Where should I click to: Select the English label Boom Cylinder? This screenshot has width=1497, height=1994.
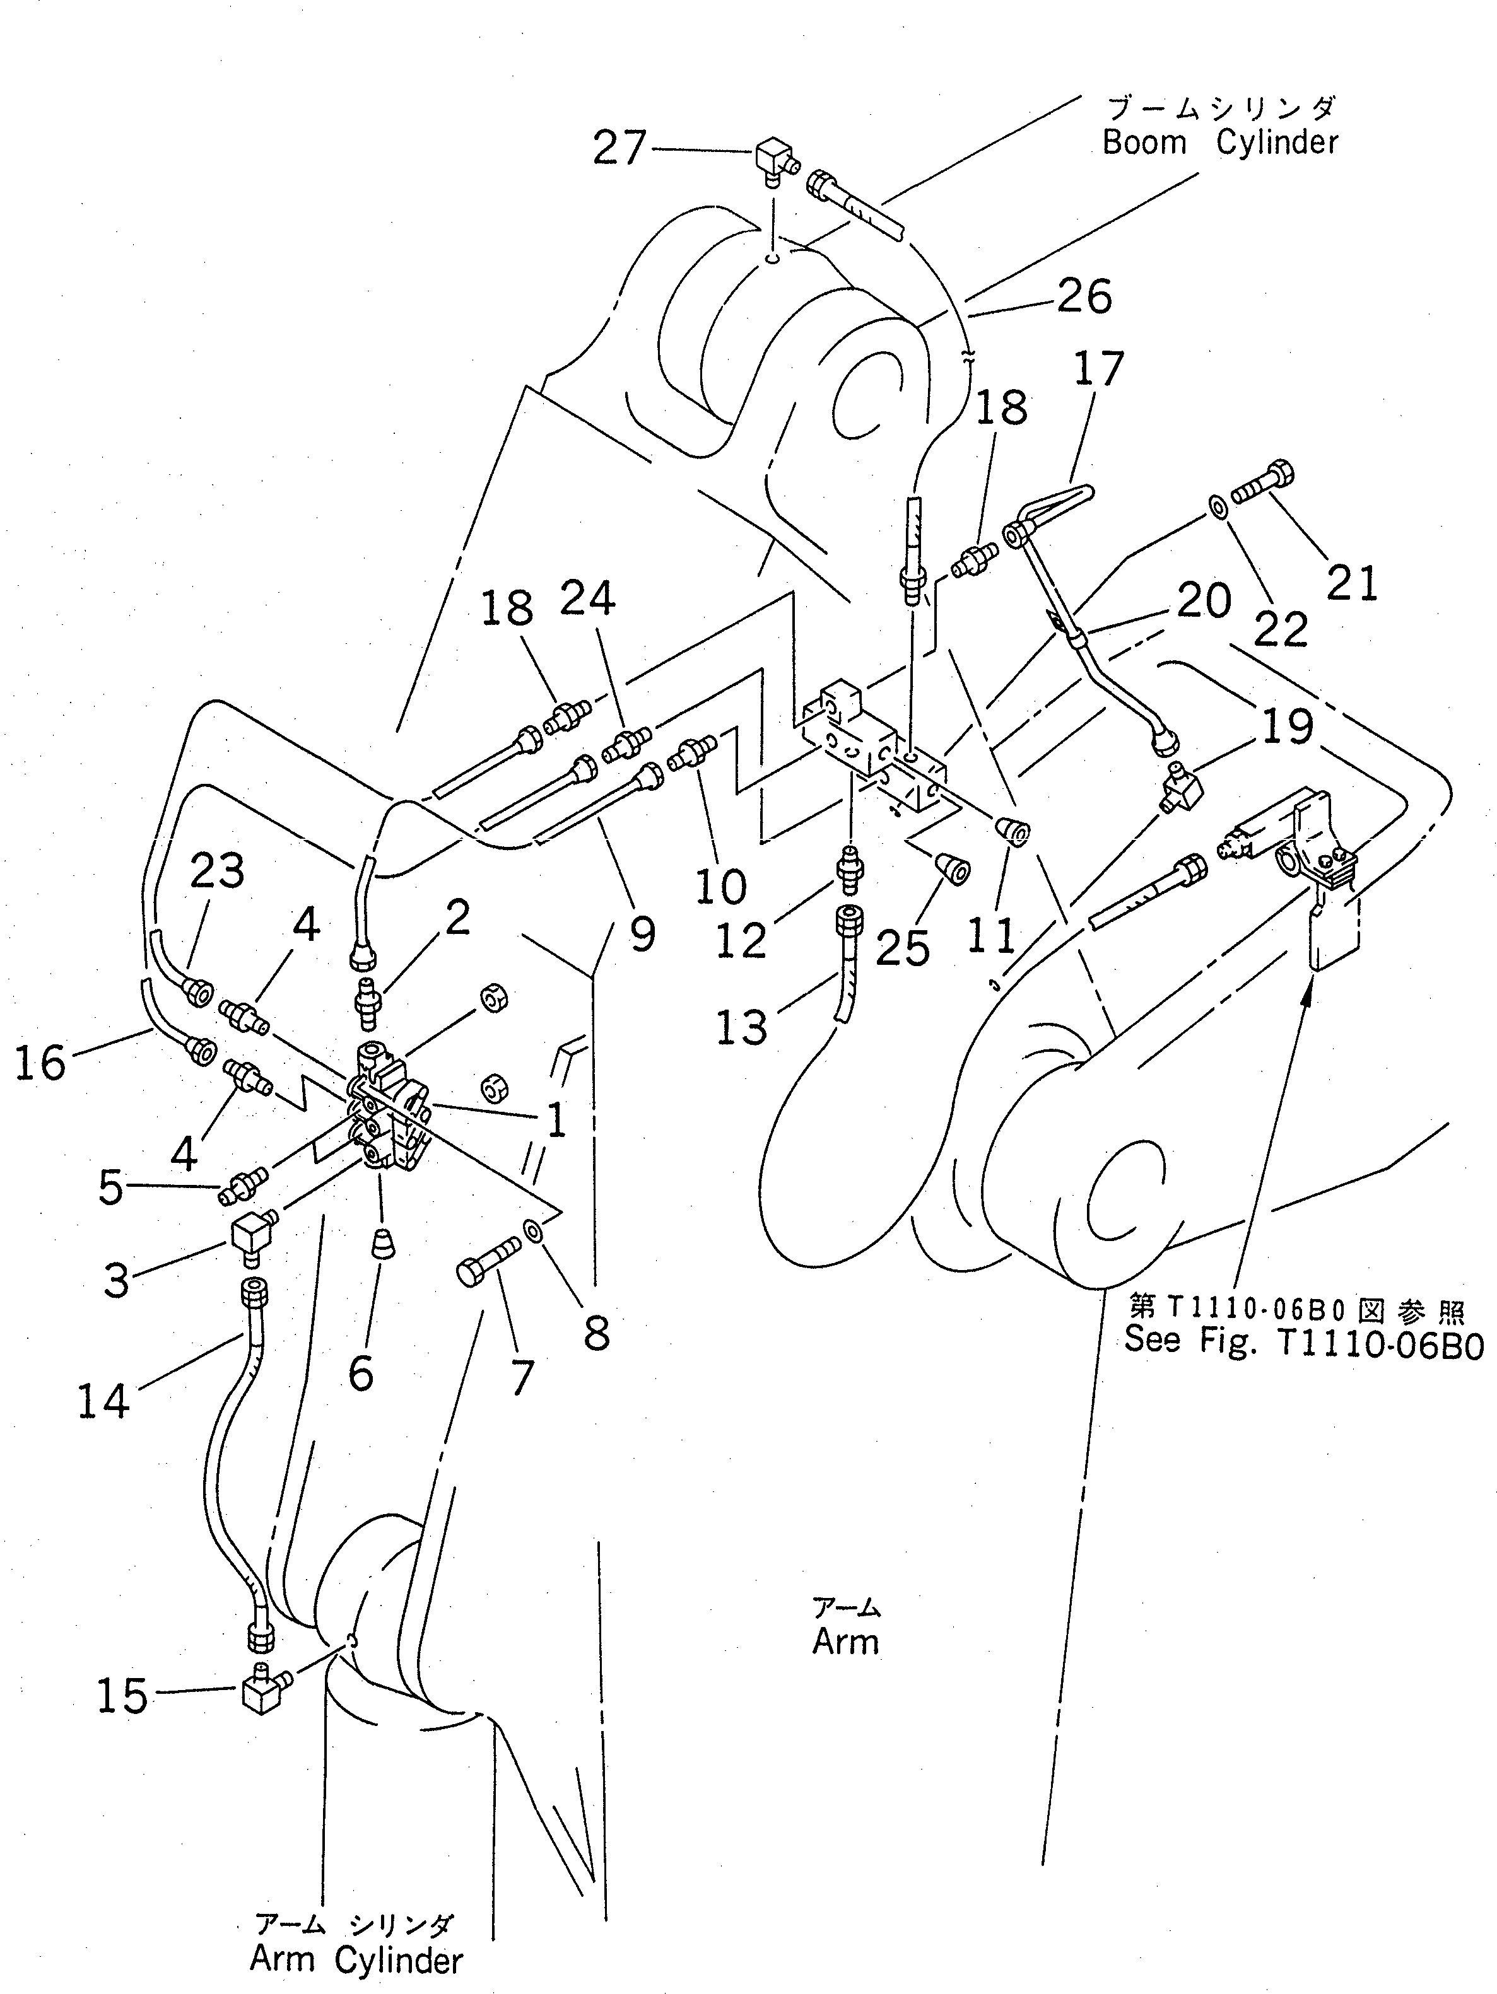[x=1220, y=143]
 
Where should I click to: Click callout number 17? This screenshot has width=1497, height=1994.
[x=1098, y=369]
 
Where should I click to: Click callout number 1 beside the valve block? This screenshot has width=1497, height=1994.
[x=556, y=1119]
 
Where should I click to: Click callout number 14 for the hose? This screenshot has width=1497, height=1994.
[x=103, y=1402]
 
